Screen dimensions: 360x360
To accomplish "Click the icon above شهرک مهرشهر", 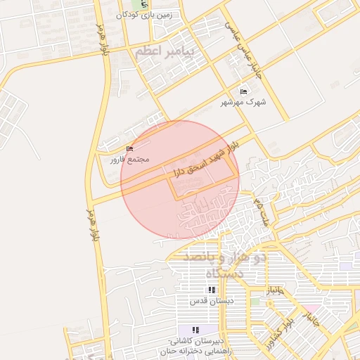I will coord(244,92).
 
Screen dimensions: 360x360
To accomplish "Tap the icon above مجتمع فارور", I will coord(128,149).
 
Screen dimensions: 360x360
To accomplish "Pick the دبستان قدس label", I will coord(212,301).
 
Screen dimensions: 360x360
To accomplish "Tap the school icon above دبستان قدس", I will coord(211,290).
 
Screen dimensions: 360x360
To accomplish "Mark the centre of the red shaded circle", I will coord(180,180).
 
